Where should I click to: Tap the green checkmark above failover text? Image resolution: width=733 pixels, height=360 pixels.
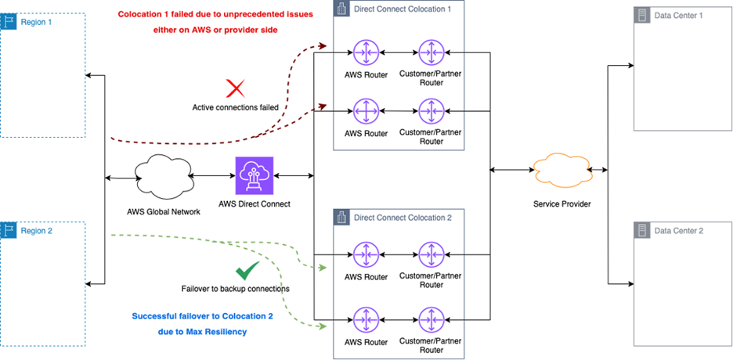(x=248, y=271)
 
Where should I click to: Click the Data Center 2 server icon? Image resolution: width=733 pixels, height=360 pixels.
(x=643, y=231)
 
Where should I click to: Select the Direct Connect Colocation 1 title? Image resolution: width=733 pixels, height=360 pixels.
(x=402, y=9)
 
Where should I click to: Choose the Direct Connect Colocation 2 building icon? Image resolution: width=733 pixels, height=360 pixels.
(x=341, y=217)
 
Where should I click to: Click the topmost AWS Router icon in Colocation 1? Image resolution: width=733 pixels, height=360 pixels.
(x=366, y=52)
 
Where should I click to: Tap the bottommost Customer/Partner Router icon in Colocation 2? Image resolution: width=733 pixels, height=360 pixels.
(x=431, y=319)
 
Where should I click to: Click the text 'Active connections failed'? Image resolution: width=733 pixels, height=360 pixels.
(x=235, y=107)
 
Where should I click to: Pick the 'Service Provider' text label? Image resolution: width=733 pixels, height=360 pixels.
(x=561, y=204)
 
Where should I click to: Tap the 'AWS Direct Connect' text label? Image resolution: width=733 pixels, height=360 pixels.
(x=255, y=204)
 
